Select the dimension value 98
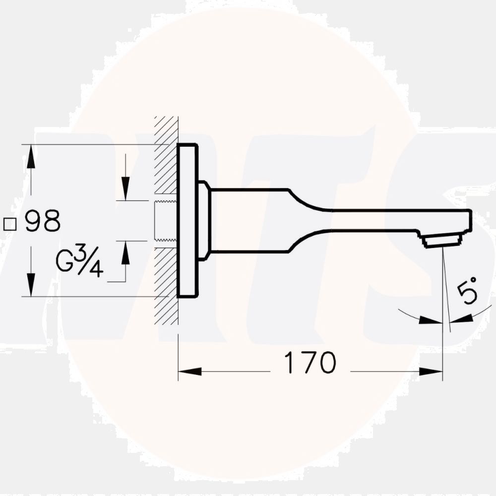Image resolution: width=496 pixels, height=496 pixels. [43, 221]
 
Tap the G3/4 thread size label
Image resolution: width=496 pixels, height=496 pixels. [79, 263]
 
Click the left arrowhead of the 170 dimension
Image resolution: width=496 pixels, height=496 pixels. [189, 371]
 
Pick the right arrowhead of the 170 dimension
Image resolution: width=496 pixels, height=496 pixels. [431, 371]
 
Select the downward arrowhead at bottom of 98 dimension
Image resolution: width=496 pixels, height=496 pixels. [31, 285]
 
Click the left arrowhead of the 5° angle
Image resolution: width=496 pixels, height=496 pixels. [431, 320]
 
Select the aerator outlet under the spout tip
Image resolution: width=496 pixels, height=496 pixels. [442, 242]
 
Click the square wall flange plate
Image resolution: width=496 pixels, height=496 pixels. [187, 221]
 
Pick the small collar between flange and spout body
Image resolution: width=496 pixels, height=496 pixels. [204, 220]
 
